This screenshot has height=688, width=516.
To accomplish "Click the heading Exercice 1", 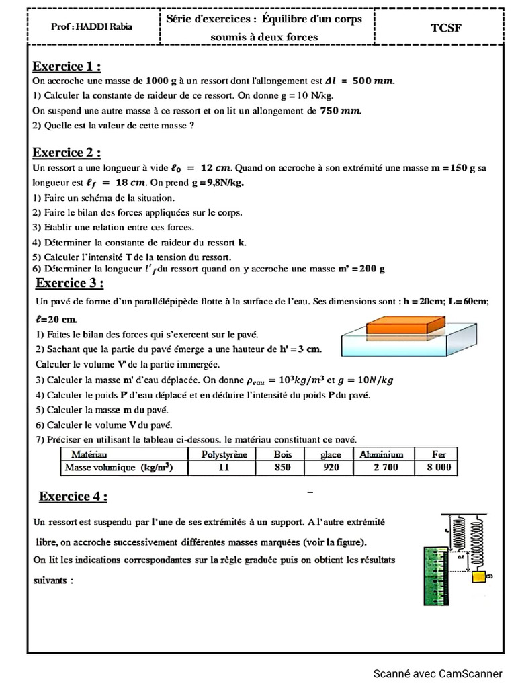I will click(67, 67).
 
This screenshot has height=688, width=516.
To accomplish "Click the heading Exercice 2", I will click(67, 153).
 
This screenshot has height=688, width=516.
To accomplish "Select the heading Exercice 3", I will click(69, 282).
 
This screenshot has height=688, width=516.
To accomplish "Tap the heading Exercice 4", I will click(73, 497).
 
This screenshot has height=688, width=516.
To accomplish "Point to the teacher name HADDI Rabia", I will click(92, 27).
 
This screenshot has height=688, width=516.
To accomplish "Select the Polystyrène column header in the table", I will click(224, 455).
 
